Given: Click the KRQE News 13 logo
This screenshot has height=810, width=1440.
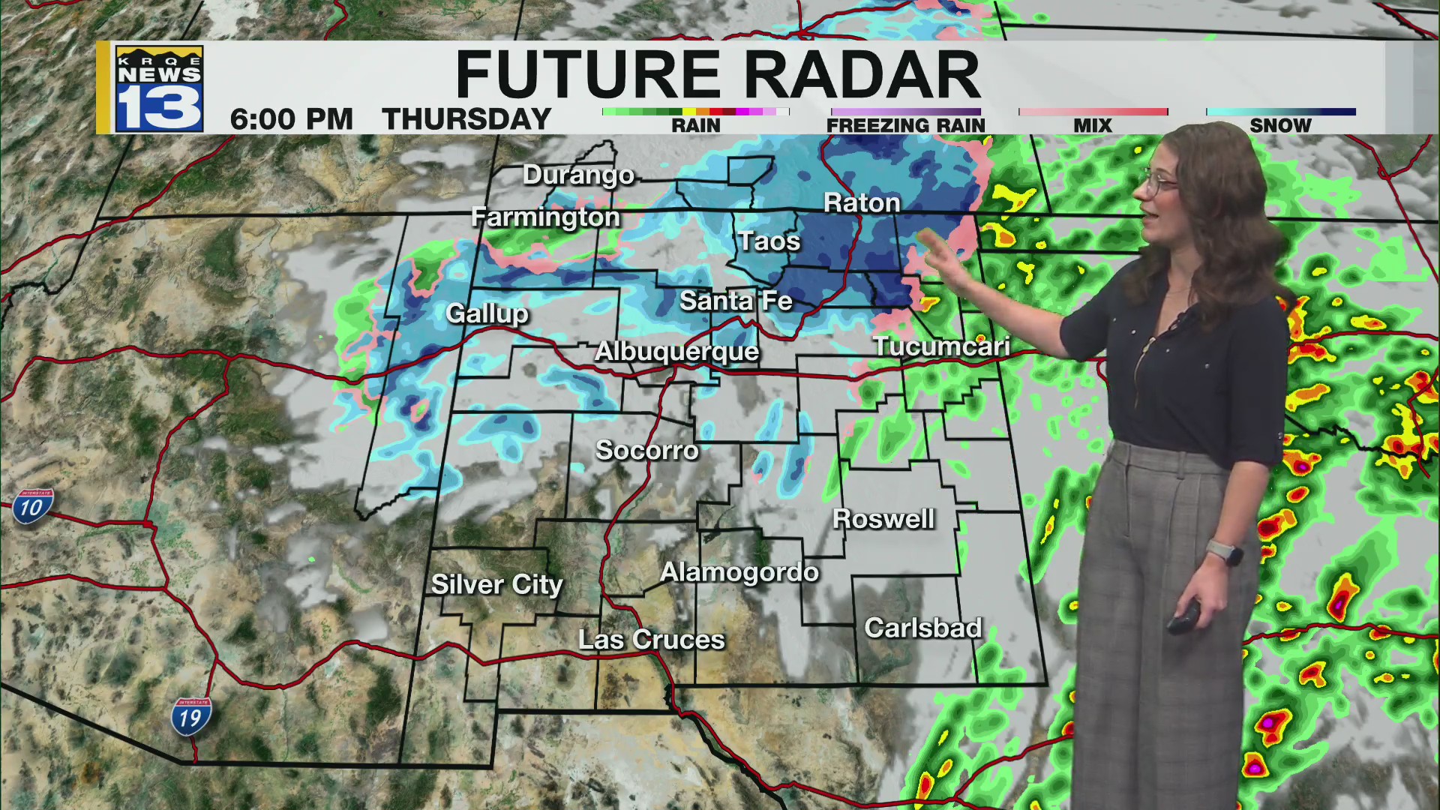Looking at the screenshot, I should [159, 88].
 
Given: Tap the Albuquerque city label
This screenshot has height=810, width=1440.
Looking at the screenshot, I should [676, 351].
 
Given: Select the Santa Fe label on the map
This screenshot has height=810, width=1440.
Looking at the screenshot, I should [735, 301].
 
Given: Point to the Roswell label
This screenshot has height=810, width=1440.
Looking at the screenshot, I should [883, 518].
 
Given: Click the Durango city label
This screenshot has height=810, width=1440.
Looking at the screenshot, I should [578, 175].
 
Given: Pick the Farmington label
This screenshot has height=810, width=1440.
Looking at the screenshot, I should [545, 217].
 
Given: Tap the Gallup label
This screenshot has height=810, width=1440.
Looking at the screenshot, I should [487, 313].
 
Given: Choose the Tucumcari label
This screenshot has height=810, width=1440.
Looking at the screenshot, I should [940, 346].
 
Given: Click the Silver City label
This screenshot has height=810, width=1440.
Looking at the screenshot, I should [496, 584].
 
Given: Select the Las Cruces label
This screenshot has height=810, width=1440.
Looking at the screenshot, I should [651, 639].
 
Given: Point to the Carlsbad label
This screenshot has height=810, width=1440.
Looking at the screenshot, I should [922, 627].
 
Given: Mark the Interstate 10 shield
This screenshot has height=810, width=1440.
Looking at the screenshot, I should [31, 507].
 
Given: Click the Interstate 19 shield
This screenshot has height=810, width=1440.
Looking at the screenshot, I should [190, 717].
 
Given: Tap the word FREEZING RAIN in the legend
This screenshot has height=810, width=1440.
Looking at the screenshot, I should [905, 125].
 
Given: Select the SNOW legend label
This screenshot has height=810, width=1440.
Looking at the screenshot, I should [1280, 125].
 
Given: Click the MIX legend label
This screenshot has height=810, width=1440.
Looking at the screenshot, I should [1093, 125].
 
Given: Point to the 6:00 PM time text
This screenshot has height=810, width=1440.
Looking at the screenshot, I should [291, 119].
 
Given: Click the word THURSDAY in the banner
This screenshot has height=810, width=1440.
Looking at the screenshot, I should [466, 119].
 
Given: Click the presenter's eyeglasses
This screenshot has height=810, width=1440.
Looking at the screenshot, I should [1160, 181].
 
